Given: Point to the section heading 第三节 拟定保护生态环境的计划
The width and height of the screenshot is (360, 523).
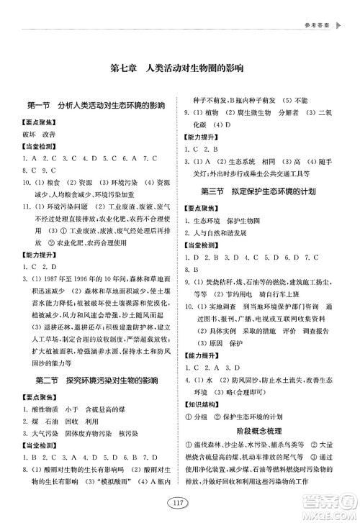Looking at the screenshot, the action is point(267,191).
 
